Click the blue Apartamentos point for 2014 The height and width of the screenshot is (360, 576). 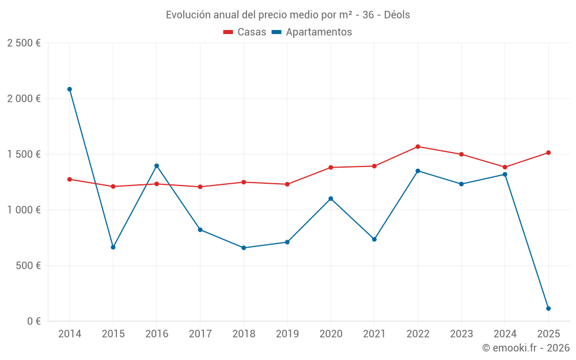coord(70,89)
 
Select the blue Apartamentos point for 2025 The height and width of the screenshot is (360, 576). coord(548,309)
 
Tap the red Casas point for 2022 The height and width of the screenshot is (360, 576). coord(418,146)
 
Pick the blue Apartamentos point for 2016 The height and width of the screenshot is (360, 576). coord(157,166)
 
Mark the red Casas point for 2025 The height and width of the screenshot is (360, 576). coord(548,153)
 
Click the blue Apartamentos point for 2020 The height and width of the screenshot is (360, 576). coord(331,199)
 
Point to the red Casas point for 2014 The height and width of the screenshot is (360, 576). coord(70,179)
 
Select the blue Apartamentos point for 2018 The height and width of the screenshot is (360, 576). coord(244,248)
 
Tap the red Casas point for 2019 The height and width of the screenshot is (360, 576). coord(287,184)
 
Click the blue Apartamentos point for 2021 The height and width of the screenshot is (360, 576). coord(374,239)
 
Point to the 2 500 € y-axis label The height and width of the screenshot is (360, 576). coord(24,43)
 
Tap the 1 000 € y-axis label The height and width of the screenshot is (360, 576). coord(24,210)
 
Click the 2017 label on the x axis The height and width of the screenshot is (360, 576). coord(200,334)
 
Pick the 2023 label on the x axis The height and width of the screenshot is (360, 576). coord(461,334)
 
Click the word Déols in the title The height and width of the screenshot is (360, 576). coord(397,15)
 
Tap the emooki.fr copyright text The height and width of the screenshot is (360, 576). coord(526,348)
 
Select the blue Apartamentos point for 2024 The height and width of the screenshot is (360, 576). coord(505,175)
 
